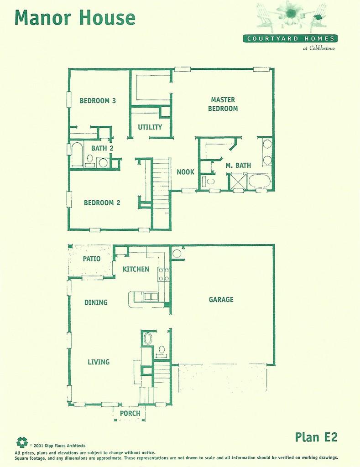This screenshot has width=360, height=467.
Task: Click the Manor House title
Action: [75, 18]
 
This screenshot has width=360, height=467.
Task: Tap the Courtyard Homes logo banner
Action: [290, 39]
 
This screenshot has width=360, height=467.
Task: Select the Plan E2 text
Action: [316, 436]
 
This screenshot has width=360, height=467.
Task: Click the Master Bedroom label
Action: [223, 104]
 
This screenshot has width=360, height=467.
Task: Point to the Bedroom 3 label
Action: [97, 101]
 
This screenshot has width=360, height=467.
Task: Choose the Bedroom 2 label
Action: [102, 202]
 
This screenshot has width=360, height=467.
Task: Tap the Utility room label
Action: [150, 127]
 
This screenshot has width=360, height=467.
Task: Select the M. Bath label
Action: [238, 166]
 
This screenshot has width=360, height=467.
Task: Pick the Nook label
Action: [185, 172]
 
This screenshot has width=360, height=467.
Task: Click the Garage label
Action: [221, 300]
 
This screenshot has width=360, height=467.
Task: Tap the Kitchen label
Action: [136, 269]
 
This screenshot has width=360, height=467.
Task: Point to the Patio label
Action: [91, 259]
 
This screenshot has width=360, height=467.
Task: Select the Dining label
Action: [96, 302]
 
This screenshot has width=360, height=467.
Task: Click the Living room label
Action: [99, 362]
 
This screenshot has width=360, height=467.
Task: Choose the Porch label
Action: [130, 413]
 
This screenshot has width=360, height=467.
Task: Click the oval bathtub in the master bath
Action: [259, 181]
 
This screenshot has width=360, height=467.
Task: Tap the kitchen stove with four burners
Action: [164, 274]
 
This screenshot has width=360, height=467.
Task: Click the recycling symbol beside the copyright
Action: [22, 442]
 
